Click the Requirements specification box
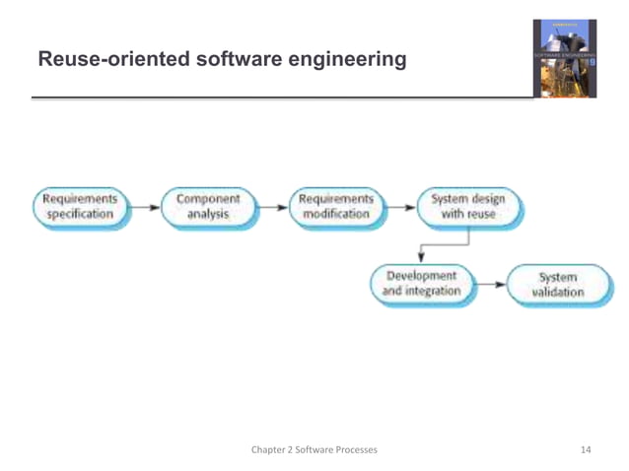click(81, 207)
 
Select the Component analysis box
click(207, 207)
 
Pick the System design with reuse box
click(468, 207)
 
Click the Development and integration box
click(422, 284)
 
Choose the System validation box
click(557, 285)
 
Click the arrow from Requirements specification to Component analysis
click(144, 208)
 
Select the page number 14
click(586, 450)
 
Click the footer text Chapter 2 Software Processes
click(314, 450)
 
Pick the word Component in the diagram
click(207, 199)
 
